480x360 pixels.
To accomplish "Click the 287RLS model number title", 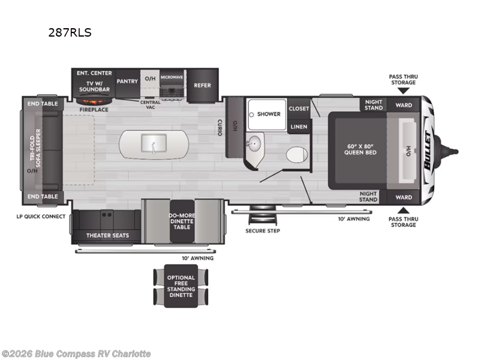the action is tap(70, 32).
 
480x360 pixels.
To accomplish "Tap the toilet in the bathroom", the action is tap(297, 154).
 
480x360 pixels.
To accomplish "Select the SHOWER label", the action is tap(269, 114).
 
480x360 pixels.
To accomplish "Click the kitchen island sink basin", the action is tap(154, 143).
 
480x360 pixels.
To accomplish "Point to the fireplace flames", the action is tap(94, 101).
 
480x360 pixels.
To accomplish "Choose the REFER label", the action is tap(202, 85).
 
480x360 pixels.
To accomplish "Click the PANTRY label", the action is tap(127, 82).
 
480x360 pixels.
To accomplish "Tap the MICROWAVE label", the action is tap(172, 77).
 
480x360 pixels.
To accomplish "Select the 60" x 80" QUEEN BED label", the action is tap(361, 149).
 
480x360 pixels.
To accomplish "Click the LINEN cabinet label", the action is tap(299, 127).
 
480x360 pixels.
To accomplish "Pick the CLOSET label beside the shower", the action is tap(299, 109).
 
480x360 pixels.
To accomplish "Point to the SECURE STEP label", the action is tap(263, 231).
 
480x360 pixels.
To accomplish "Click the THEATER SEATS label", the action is tap(107, 235).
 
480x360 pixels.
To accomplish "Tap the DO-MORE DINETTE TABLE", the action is tap(182, 221).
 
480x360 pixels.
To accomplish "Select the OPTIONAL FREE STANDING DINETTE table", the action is tap(181, 286).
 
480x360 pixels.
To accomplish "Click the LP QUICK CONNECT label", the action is tap(41, 217).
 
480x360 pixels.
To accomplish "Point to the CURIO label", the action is tap(220, 127).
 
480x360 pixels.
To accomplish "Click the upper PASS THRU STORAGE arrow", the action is tap(403, 91).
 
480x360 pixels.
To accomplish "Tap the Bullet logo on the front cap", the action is tap(428, 150).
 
